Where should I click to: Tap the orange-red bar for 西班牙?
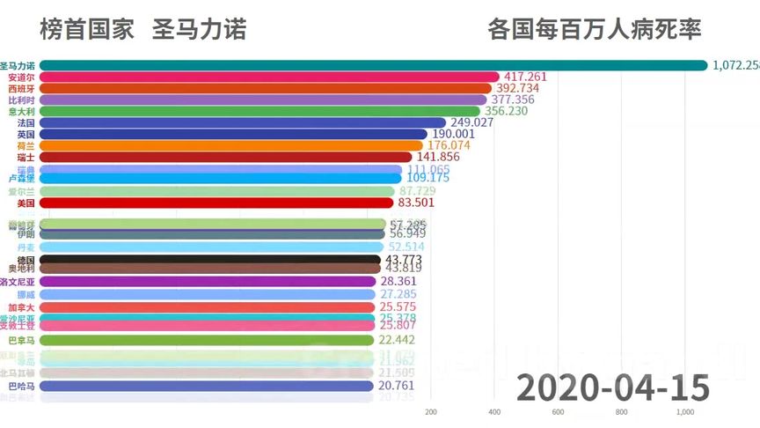(x=264, y=89)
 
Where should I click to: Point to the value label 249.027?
(x=471, y=123)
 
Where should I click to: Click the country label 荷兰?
(x=26, y=146)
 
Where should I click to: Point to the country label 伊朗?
(x=26, y=235)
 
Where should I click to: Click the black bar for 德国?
(x=211, y=261)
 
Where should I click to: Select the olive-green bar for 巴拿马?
(x=211, y=340)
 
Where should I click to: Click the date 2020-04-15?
(x=612, y=387)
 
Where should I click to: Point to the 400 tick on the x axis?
(x=494, y=412)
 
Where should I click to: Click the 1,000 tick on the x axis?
(x=684, y=412)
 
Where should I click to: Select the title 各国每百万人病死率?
(x=595, y=30)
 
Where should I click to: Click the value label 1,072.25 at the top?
(x=735, y=65)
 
